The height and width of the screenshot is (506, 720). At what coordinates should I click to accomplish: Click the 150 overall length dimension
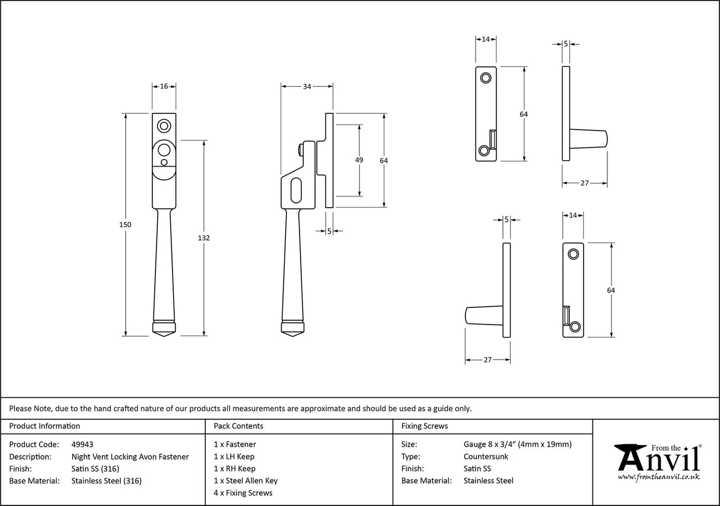(x=125, y=225)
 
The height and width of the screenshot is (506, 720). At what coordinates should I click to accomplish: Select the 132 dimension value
(x=205, y=238)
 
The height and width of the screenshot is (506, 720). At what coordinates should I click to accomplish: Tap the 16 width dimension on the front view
(x=164, y=87)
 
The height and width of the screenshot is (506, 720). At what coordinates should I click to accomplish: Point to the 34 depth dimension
(x=307, y=87)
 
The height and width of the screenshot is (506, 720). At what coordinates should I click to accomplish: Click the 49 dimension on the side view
(x=359, y=160)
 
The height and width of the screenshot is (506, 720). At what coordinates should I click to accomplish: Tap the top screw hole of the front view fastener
(x=164, y=126)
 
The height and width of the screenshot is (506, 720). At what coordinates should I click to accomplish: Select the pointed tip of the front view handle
(x=164, y=334)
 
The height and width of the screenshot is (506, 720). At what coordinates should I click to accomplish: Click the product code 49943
(x=82, y=444)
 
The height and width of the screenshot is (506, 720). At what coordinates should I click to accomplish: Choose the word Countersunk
(x=486, y=457)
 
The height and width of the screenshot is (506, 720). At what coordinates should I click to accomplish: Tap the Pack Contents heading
(x=238, y=426)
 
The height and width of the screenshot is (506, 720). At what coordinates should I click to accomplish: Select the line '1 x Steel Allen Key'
(x=246, y=481)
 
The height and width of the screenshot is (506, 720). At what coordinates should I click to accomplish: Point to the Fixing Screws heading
(x=424, y=426)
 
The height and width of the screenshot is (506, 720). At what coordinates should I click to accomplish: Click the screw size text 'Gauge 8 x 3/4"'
(x=490, y=444)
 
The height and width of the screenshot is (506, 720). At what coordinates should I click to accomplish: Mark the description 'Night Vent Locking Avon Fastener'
(x=130, y=457)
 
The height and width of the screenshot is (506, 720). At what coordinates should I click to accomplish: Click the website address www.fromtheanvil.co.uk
(x=658, y=477)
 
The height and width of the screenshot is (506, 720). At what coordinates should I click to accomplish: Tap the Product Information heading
(x=44, y=426)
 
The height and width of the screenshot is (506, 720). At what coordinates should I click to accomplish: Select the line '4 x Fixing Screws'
(x=243, y=493)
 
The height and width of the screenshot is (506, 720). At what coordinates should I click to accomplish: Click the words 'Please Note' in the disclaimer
(x=30, y=408)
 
